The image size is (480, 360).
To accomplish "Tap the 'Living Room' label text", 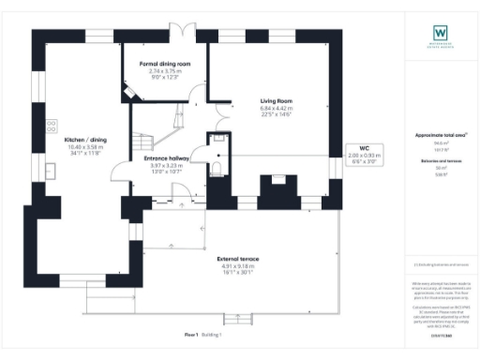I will coord(277,100).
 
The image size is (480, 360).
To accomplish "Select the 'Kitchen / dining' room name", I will coord(82,139).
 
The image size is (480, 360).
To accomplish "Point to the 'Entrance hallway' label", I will coord(169,158).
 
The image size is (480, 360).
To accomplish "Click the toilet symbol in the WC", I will coord(217,168).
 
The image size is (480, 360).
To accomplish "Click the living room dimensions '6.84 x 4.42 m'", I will coord(277,108).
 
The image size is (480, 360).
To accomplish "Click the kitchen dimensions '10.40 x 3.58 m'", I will coord(82,146).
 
